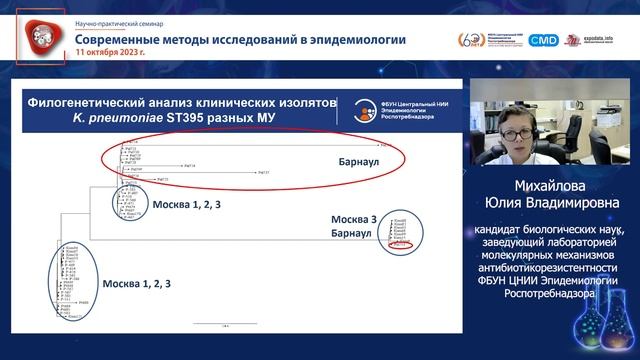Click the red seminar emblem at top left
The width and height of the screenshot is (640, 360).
[x=41, y=38]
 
